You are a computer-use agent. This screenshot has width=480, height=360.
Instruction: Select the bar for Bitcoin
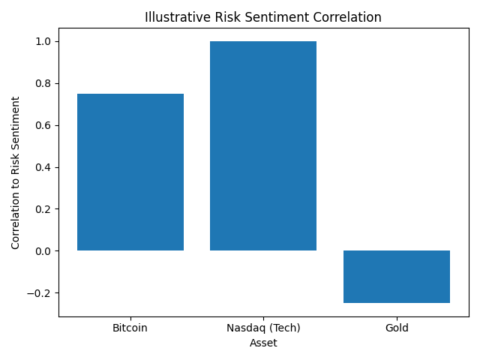[130, 172]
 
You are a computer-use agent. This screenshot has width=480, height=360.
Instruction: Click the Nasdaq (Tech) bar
[263, 145]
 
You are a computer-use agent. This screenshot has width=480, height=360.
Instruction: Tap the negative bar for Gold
[396, 277]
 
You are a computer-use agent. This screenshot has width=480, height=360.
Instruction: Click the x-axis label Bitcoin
[130, 328]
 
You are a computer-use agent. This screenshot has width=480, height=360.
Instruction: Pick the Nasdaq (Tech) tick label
[263, 328]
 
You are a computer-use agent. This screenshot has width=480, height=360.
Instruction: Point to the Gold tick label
[396, 328]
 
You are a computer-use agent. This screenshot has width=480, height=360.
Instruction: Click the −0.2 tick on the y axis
[40, 293]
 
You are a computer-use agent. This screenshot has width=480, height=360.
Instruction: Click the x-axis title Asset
[263, 343]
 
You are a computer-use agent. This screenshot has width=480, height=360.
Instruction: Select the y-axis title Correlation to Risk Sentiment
[15, 172]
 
